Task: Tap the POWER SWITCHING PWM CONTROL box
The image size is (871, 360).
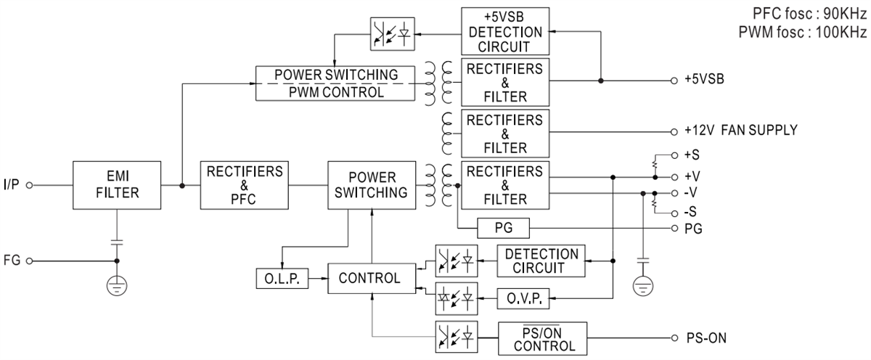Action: tap(336, 83)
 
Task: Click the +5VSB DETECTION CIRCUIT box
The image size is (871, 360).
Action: tap(505, 32)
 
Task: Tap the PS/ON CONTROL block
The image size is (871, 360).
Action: tap(544, 338)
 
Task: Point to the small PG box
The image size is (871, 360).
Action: tap(504, 229)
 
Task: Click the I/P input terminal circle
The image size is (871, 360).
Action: tap(30, 185)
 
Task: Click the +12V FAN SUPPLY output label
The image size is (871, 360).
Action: tap(741, 131)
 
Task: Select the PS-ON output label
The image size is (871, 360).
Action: tap(706, 338)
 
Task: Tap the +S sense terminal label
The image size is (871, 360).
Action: tap(692, 155)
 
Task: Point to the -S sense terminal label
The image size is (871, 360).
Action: tap(691, 213)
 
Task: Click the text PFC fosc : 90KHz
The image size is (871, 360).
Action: tap(805, 13)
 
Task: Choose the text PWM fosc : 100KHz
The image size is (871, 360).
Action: tap(802, 31)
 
